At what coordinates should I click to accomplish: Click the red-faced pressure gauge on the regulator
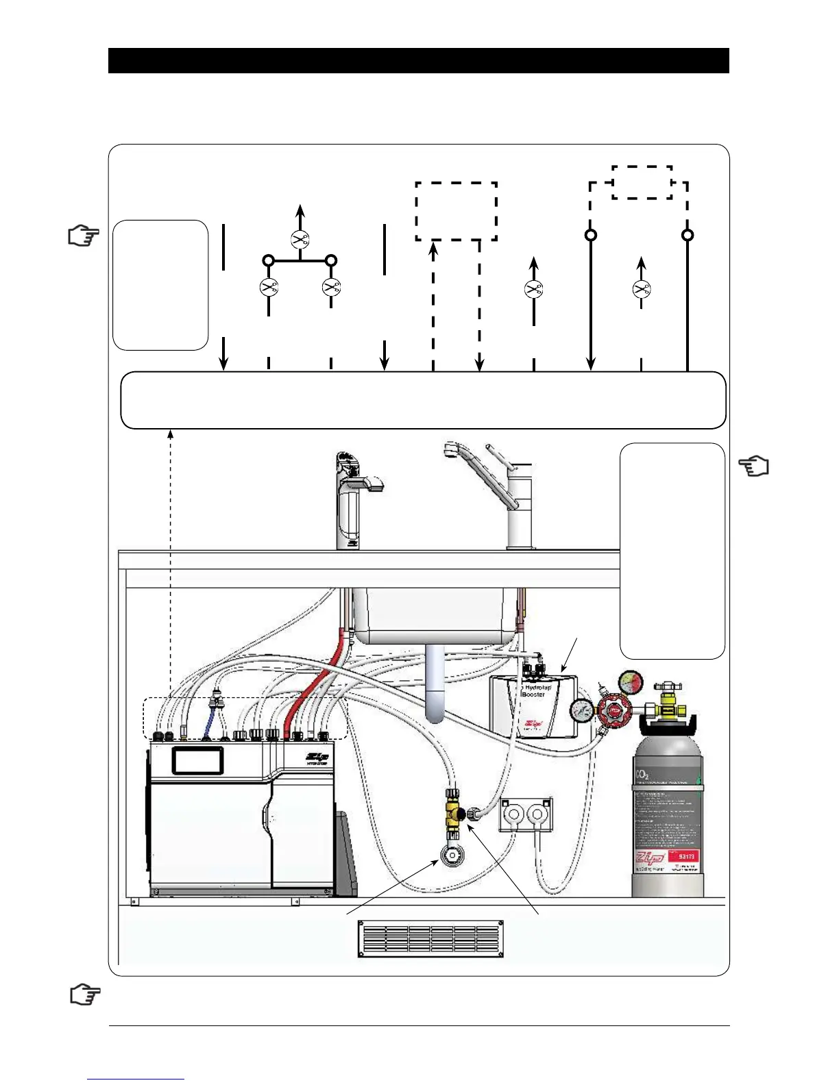coord(630,682)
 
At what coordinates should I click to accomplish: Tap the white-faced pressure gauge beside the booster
coord(581,710)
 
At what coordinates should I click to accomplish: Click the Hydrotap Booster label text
coord(535,690)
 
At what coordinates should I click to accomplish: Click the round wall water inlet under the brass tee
coord(451,857)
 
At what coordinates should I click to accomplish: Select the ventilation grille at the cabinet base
coord(430,938)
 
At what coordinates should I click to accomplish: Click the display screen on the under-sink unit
coord(197,760)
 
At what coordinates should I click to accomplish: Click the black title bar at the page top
coord(418,60)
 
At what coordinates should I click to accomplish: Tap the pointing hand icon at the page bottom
coord(85,995)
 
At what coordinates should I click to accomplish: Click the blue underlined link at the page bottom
coord(136,1079)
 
